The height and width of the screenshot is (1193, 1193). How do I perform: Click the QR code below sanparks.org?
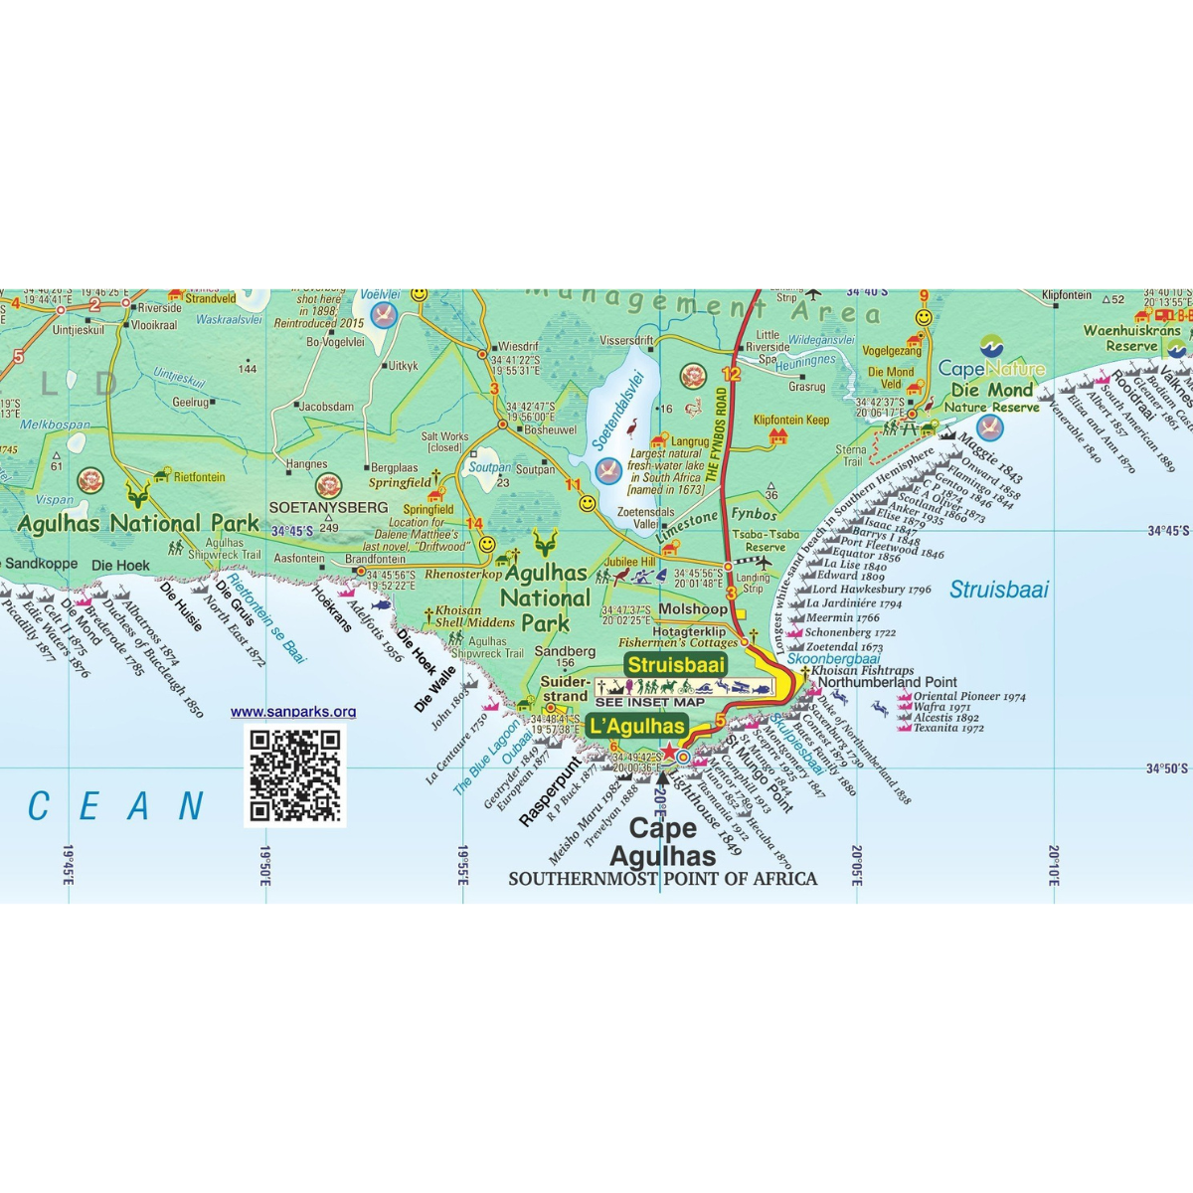point(294,774)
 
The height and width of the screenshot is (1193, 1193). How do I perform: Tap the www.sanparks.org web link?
point(293,712)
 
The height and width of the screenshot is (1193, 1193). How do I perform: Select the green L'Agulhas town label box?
point(637,726)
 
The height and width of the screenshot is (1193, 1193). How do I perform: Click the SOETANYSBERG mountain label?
point(328,508)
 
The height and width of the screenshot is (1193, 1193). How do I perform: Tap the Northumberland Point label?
point(888,682)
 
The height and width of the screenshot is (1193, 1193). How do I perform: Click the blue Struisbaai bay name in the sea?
point(999,590)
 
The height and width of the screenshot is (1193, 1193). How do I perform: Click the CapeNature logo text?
point(991,369)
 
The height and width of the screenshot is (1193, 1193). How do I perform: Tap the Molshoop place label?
point(693,608)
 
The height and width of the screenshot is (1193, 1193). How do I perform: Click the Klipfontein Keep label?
point(791,421)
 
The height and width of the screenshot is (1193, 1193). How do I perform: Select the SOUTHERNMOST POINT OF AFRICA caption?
point(662,879)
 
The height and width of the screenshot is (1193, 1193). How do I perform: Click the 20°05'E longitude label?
point(856,865)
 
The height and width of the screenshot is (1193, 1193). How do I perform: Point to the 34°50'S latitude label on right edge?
point(1167,768)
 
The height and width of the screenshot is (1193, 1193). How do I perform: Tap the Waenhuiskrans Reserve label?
point(1132,338)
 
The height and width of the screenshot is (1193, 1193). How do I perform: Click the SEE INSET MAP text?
point(650,702)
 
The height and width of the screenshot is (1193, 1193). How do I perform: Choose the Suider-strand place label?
point(565,689)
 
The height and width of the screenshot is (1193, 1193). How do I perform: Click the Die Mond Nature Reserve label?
point(992,398)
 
